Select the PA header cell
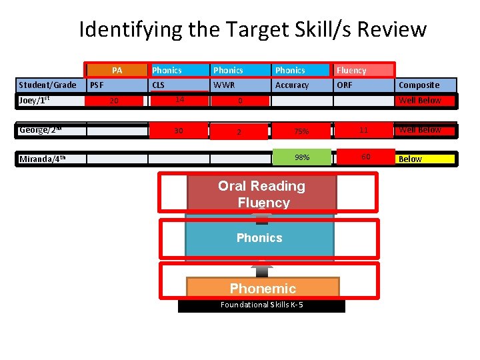[117, 70]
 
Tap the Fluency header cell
[364, 70]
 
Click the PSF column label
[97, 85]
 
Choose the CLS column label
[159, 85]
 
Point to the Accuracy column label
[292, 85]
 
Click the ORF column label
[345, 85]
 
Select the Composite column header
[419, 85]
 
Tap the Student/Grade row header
[48, 85]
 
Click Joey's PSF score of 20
[114, 101]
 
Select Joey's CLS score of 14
[179, 99]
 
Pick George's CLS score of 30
[179, 131]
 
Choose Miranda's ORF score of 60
[365, 157]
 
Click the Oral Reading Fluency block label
[261, 194]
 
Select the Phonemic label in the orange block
[263, 289]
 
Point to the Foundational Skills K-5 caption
[261, 305]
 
